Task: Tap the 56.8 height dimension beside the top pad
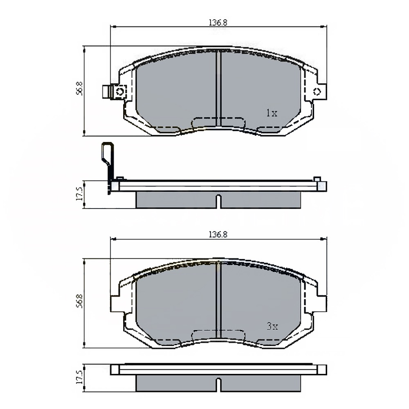point(79,89)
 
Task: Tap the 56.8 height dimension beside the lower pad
point(79,301)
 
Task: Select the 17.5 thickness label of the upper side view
point(79,195)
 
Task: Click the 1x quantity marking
point(271,114)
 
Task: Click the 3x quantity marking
point(271,327)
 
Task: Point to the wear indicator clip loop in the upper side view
point(107,153)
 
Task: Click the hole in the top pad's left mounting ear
point(120,92)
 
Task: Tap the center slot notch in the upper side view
point(218,201)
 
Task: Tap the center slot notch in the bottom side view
point(218,384)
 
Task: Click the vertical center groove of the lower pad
point(218,299)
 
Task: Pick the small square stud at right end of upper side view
point(317,179)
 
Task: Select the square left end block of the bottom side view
point(115,369)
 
